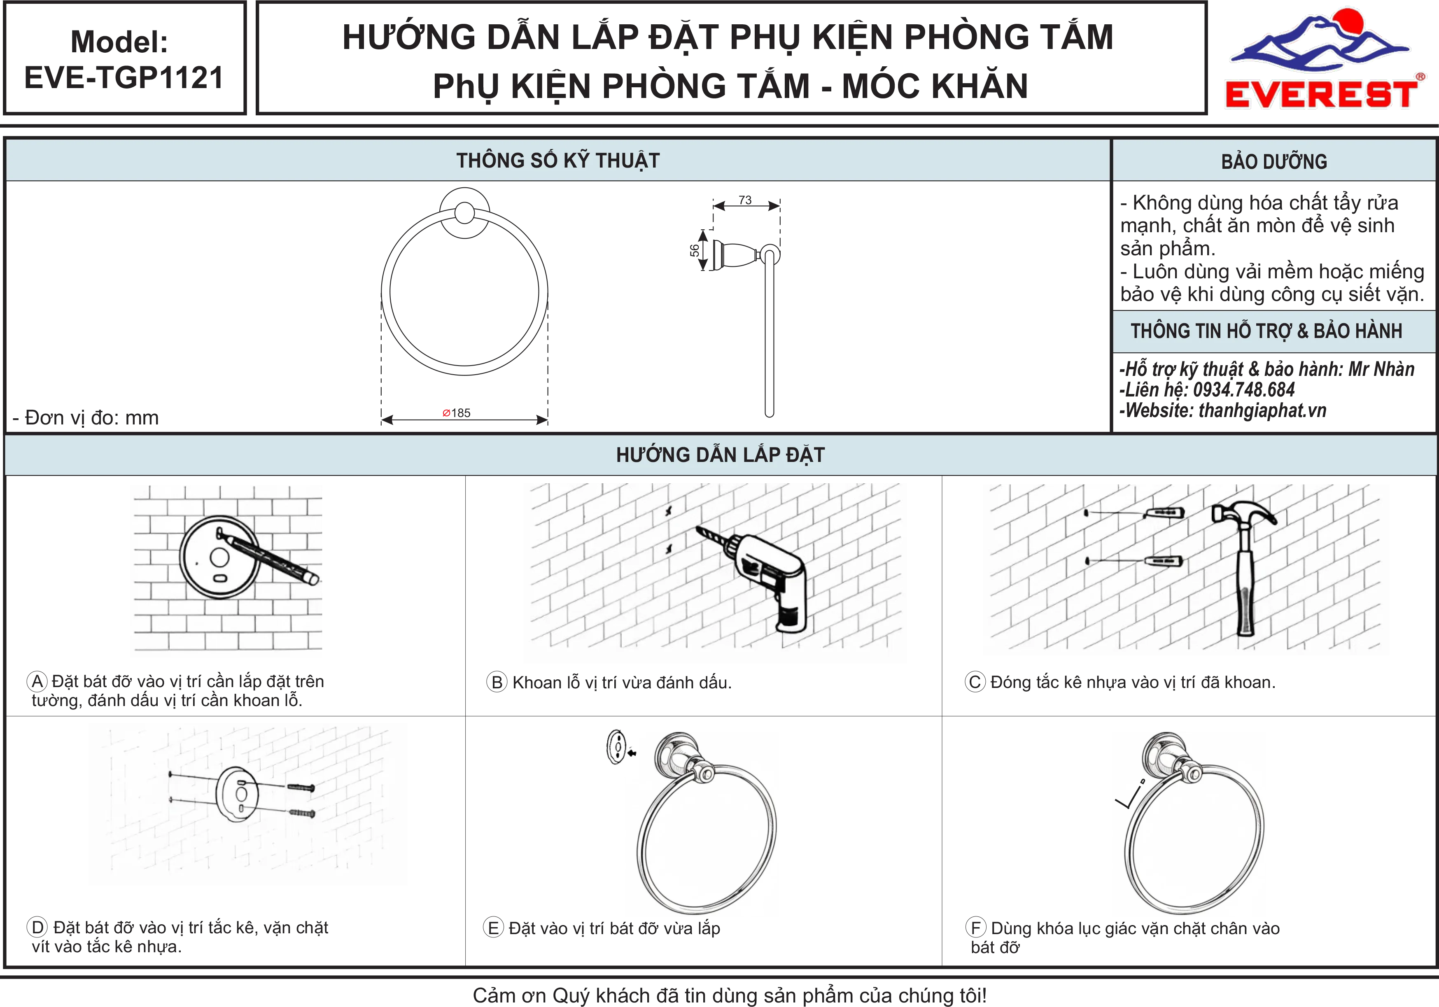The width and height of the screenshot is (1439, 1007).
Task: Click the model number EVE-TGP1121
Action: coord(124,78)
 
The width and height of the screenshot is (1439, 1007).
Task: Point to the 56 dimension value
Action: coord(695,250)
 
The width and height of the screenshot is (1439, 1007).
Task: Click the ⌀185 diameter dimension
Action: coord(456,413)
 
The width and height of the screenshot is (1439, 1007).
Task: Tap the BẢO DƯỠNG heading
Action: coord(1274,162)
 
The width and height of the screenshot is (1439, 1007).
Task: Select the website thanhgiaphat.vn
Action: coord(1262,410)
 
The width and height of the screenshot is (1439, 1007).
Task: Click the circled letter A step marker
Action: coord(37,681)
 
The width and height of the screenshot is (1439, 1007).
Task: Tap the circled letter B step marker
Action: coord(497,683)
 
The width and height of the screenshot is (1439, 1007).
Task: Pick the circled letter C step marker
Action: coord(975,682)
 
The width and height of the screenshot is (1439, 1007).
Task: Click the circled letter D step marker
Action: coord(37,928)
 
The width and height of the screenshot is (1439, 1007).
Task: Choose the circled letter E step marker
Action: coord(493,928)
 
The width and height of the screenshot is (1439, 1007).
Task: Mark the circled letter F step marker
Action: coord(976,928)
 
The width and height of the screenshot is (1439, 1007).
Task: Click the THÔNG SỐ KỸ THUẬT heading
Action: coord(558,161)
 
